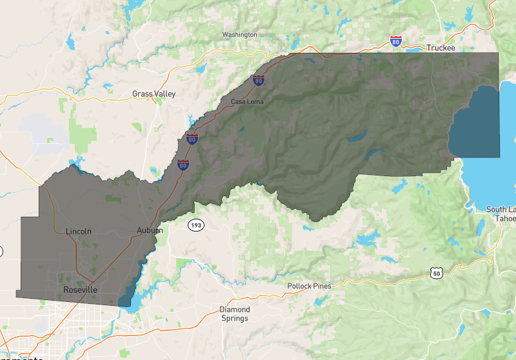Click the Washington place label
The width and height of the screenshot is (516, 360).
[x=239, y=34]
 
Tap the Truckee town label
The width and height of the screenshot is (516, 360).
[x=441, y=48]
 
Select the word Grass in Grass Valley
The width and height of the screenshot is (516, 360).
[x=143, y=94]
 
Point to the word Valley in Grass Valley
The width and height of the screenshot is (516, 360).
[x=164, y=94]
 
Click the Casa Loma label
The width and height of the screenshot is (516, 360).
[x=247, y=102]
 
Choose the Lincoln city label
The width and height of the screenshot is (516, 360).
[x=79, y=231]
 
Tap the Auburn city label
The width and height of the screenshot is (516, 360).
[x=150, y=230]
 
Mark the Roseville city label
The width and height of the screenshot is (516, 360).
[x=81, y=290]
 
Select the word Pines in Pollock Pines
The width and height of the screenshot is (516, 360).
[x=330, y=286]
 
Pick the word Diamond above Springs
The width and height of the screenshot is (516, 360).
[x=234, y=310]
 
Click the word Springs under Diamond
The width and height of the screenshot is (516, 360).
[x=234, y=319]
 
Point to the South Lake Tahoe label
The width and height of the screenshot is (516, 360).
[x=501, y=214]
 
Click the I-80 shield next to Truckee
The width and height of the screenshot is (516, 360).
[x=396, y=41]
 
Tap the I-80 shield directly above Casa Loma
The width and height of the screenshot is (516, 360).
[x=258, y=81]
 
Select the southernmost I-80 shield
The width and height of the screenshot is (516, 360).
[x=184, y=165]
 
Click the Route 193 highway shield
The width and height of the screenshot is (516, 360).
[x=195, y=225]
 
